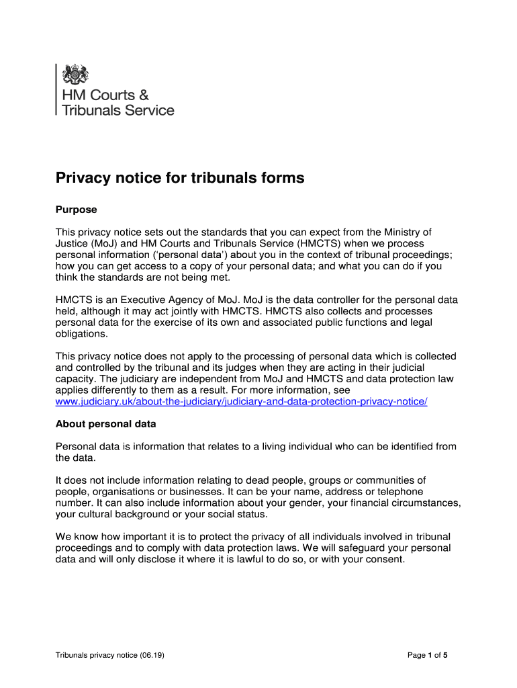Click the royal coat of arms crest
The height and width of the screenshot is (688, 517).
click(75, 73)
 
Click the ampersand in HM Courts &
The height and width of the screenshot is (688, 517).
click(142, 95)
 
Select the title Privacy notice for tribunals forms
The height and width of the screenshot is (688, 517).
click(180, 178)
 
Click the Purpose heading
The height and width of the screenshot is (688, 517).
click(76, 210)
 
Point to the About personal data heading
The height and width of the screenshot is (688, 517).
click(105, 424)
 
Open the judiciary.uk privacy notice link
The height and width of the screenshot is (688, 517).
click(241, 401)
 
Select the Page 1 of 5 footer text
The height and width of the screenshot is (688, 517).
click(428, 655)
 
